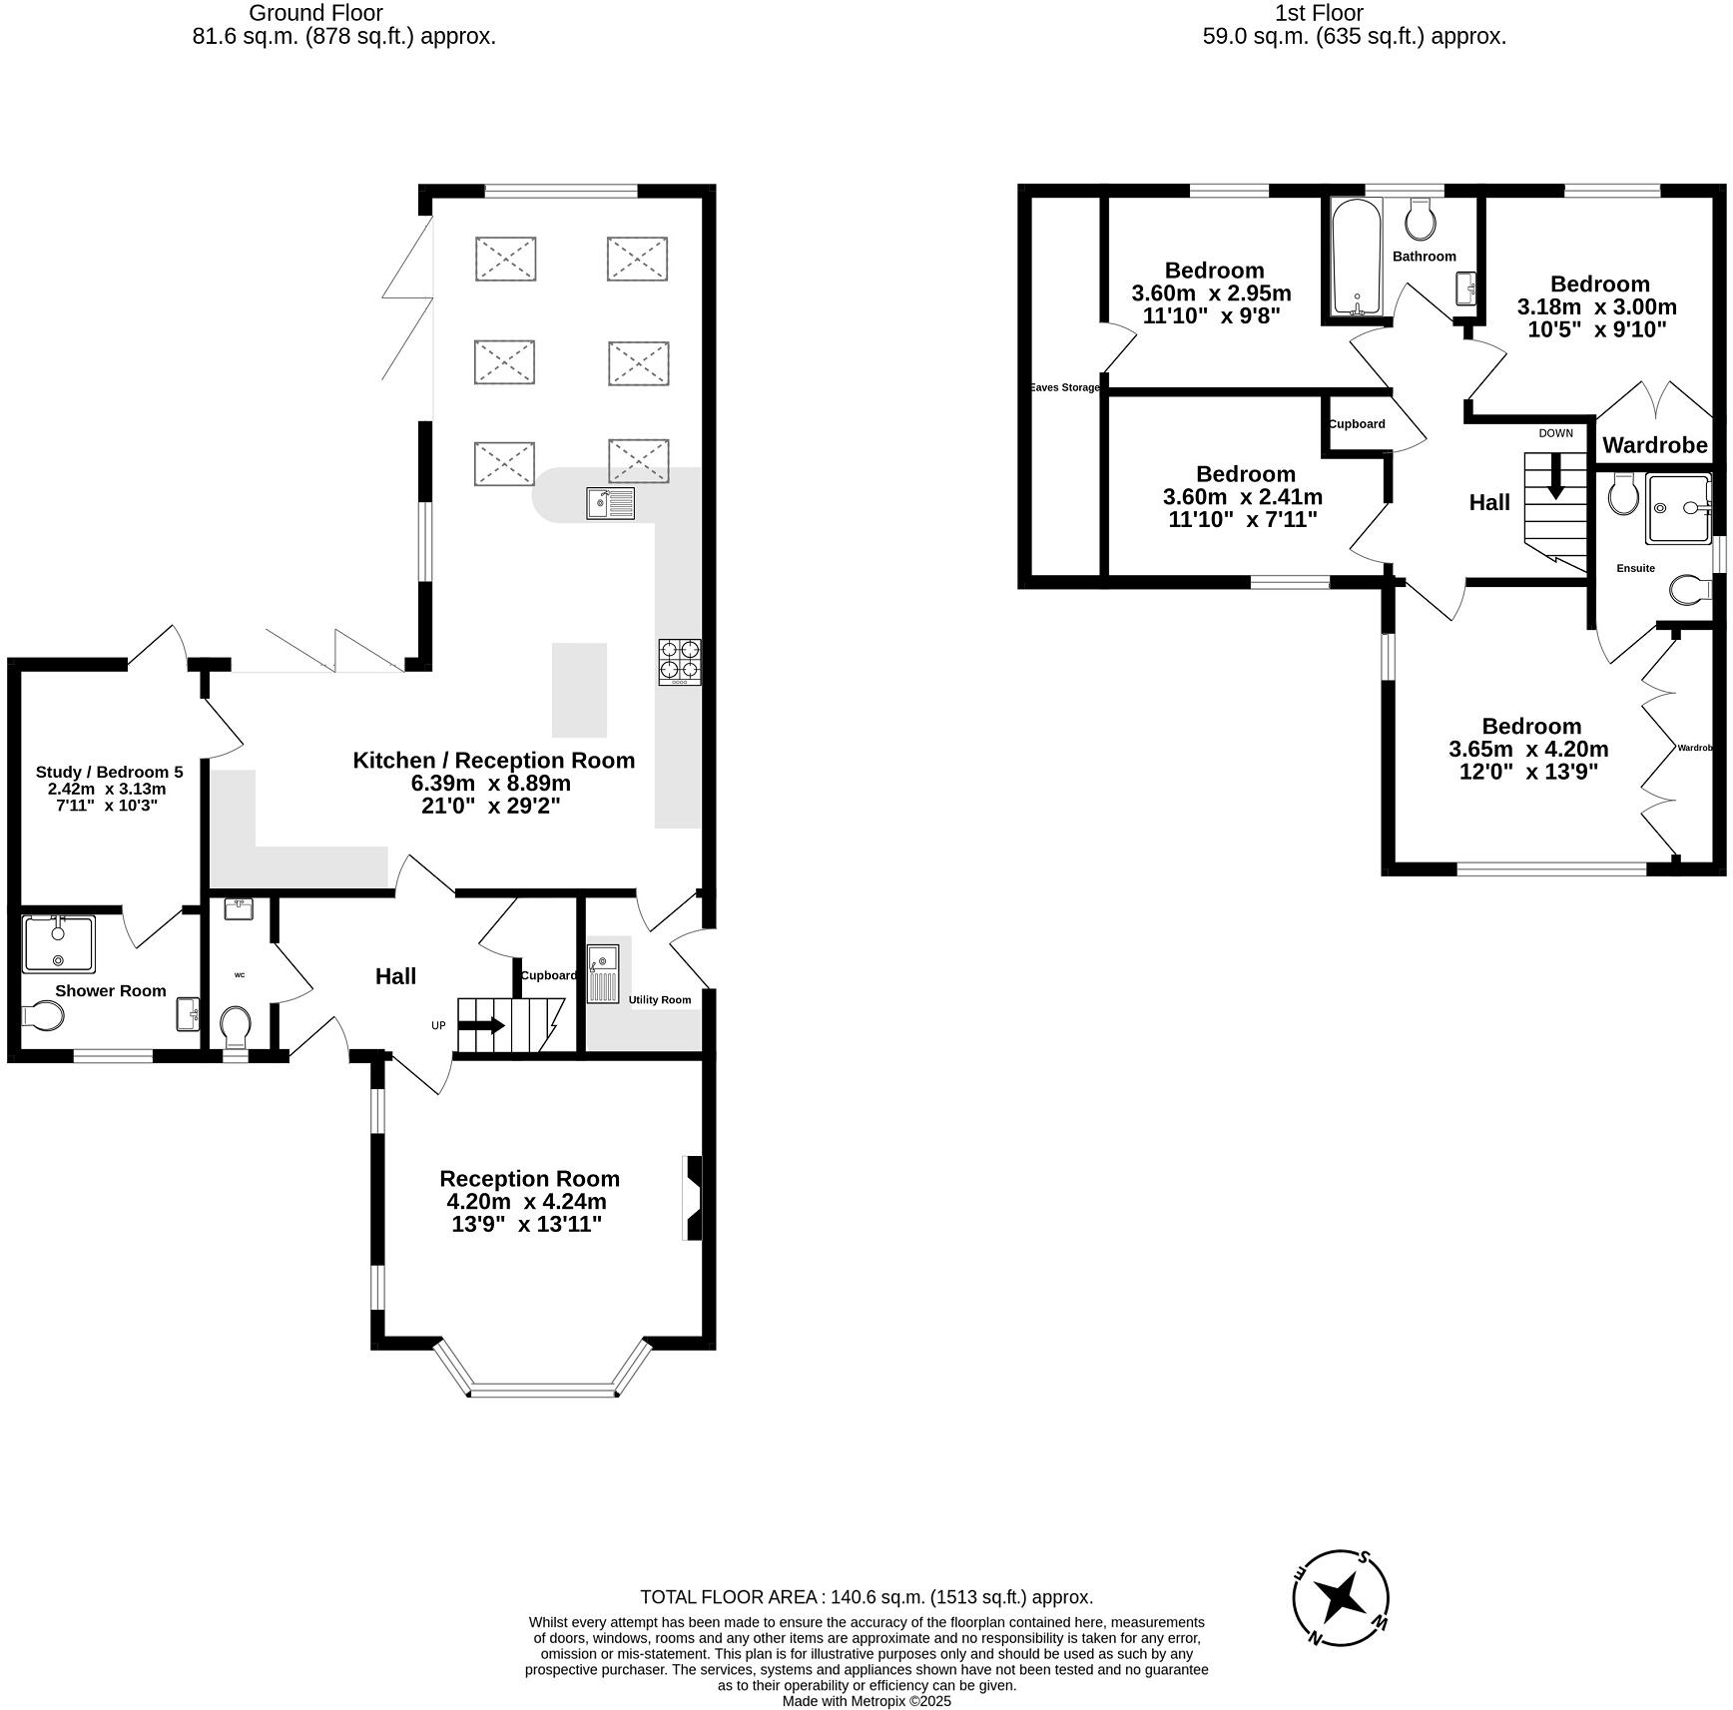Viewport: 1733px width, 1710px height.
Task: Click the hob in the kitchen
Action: pyautogui.click(x=679, y=661)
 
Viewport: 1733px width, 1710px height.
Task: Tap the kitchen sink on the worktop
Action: pyautogui.click(x=610, y=503)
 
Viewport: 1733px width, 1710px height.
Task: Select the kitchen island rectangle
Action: pyautogui.click(x=579, y=689)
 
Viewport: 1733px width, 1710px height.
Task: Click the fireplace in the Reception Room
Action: pyautogui.click(x=692, y=1198)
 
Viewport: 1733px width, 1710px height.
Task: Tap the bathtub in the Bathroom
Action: pyautogui.click(x=1356, y=258)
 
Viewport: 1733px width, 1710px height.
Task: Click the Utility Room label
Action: pyautogui.click(x=659, y=999)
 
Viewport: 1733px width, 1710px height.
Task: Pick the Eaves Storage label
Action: pyautogui.click(x=1064, y=387)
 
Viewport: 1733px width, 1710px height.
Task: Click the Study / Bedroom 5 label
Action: pyautogui.click(x=109, y=772)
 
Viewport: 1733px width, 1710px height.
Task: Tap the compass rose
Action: pyautogui.click(x=1340, y=1598)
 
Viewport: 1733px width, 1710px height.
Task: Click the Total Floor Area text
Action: pyautogui.click(x=866, y=1597)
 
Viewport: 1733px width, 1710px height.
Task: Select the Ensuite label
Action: pyautogui.click(x=1635, y=568)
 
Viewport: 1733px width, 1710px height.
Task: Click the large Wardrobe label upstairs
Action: pyautogui.click(x=1654, y=445)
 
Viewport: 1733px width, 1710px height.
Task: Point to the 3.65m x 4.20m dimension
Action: pyautogui.click(x=1528, y=749)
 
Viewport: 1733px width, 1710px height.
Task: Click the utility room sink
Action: pyautogui.click(x=603, y=974)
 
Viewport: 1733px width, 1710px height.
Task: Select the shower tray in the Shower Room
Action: pyautogui.click(x=59, y=943)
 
